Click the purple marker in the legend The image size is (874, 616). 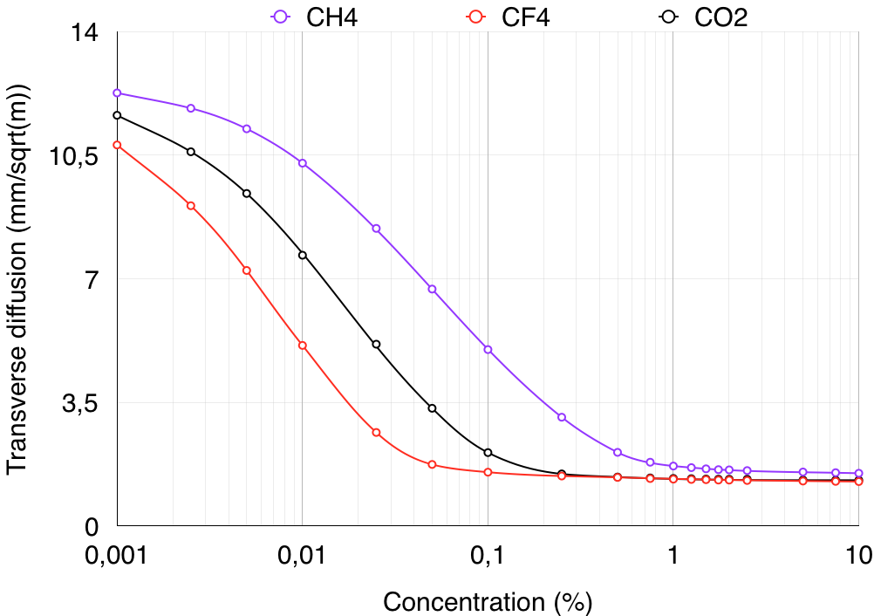280,17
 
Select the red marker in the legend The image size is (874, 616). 475,17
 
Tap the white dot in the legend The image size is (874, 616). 668,17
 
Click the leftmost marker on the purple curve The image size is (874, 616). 117,92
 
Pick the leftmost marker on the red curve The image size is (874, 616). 117,145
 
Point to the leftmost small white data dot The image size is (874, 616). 117,115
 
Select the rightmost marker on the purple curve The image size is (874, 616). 858,473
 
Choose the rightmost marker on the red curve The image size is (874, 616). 858,482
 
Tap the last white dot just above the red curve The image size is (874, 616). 488,453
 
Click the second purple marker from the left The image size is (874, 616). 191,108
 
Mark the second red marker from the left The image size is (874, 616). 191,206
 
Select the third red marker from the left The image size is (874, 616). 247,270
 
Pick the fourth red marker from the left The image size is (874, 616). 303,346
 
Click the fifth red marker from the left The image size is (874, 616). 376,432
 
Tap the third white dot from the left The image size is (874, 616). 247,194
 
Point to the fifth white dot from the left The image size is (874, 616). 376,344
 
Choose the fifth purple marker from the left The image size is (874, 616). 376,229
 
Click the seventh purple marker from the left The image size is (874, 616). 488,349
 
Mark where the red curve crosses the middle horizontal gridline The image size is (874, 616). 253,278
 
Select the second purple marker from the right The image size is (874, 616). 835,472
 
